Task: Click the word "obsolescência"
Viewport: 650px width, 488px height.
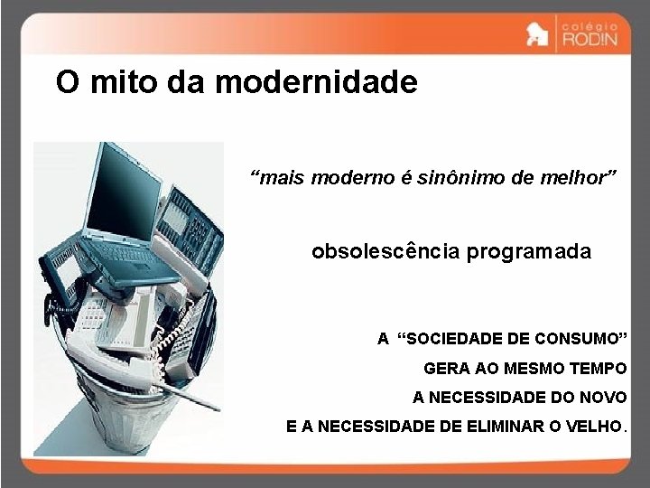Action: tap(385, 251)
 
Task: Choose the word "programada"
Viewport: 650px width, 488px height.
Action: tap(529, 251)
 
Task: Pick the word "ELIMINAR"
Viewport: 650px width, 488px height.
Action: tap(497, 427)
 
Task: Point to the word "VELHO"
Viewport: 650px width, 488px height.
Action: tap(594, 427)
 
